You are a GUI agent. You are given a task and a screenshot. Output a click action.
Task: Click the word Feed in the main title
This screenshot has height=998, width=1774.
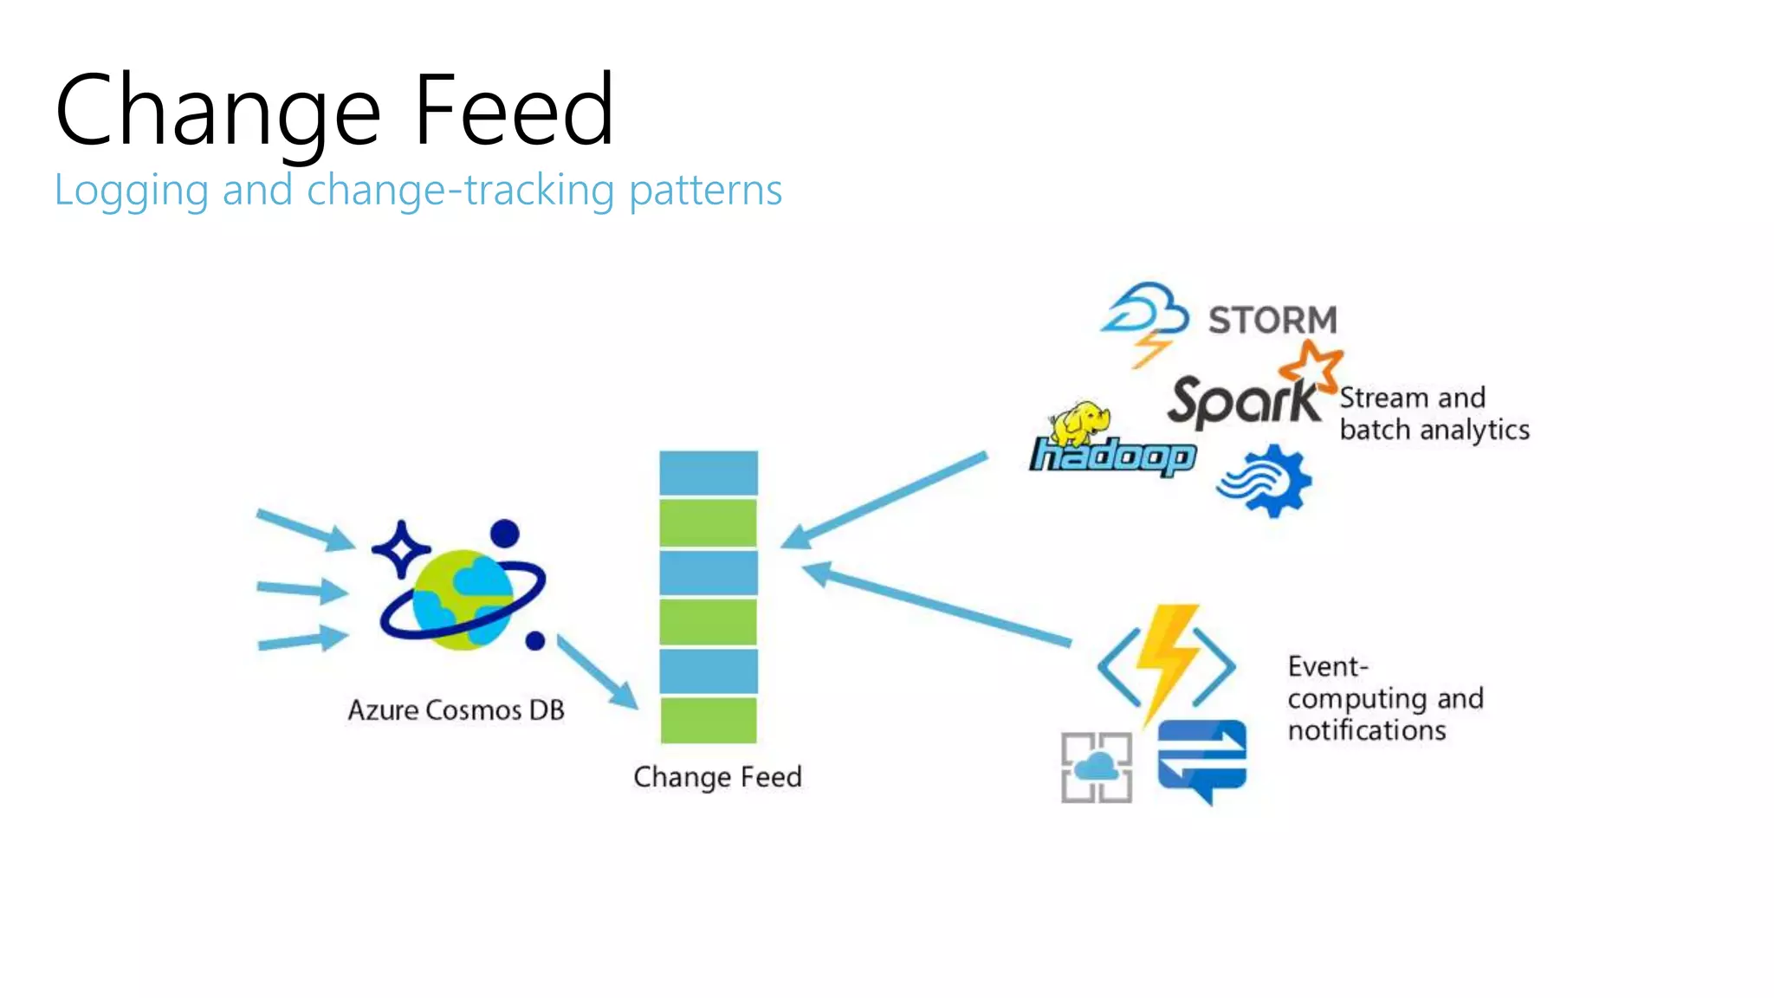[513, 111]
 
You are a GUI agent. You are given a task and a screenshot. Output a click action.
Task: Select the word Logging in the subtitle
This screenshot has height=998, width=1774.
[131, 191]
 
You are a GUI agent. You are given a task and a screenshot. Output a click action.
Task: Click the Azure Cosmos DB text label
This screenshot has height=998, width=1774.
[456, 710]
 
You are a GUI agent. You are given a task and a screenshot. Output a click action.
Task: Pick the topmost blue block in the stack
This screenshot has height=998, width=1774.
[708, 473]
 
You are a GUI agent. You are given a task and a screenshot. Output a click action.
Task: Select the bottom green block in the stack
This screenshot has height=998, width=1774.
[708, 720]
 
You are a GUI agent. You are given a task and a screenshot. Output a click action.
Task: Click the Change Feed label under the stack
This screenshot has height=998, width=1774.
[717, 777]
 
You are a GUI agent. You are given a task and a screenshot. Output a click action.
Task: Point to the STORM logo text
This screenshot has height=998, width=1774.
[1272, 321]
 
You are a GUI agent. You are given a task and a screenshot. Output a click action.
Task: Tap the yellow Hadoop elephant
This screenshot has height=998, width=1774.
[1080, 423]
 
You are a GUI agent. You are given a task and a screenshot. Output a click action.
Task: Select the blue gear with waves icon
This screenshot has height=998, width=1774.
[1266, 481]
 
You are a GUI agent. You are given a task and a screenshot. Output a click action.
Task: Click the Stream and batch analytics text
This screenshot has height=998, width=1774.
[1434, 414]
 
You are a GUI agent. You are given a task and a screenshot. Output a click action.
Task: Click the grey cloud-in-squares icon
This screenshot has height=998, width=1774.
[1096, 768]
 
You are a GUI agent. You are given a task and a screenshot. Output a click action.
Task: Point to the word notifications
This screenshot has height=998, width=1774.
[1366, 731]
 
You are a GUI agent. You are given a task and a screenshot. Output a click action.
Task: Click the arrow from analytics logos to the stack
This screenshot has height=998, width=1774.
[884, 500]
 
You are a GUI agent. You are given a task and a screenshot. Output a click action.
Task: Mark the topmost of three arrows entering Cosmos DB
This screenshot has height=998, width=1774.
[306, 529]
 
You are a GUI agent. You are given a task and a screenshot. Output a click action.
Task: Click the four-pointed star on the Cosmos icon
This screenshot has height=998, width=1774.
[401, 548]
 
